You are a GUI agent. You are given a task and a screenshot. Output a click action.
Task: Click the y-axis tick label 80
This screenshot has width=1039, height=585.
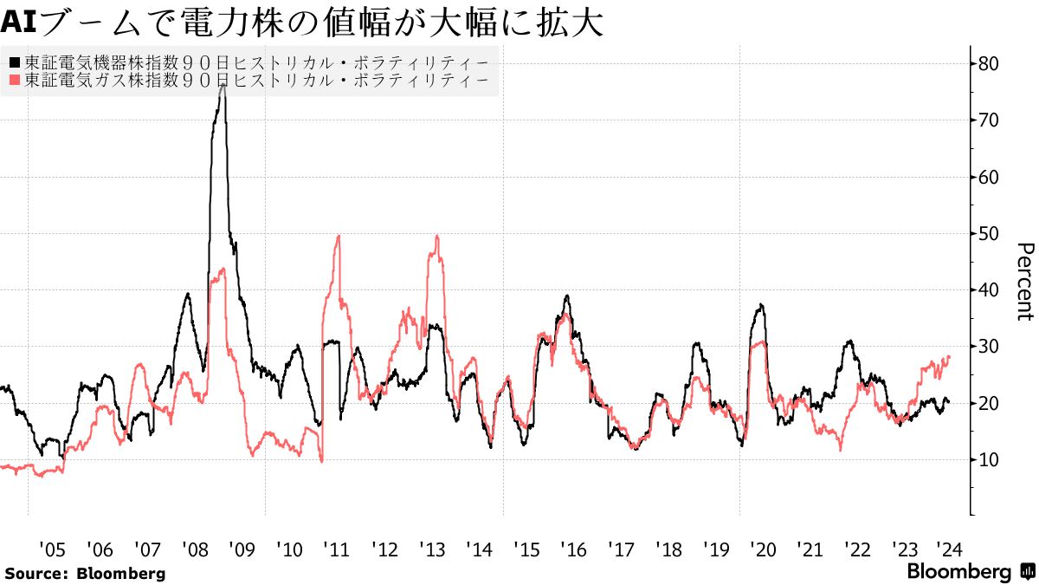point(989,64)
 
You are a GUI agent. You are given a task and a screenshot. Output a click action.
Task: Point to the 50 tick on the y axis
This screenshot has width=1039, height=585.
point(989,234)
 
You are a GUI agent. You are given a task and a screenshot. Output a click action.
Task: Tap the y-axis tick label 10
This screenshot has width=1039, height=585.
point(989,460)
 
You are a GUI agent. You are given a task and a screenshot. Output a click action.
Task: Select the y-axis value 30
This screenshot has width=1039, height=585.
point(989,347)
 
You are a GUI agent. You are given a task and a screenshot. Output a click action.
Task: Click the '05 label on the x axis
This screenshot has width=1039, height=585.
point(52,549)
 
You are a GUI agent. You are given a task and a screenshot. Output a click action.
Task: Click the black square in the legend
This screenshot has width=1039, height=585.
point(14,62)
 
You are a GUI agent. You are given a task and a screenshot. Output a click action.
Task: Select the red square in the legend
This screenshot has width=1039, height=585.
point(14,81)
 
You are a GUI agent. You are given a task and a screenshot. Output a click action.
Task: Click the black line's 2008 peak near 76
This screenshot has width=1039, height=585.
point(223,86)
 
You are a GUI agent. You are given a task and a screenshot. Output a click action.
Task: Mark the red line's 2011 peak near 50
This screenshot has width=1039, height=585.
point(338,236)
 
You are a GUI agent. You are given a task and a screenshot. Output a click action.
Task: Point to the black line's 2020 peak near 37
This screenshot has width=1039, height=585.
point(760,305)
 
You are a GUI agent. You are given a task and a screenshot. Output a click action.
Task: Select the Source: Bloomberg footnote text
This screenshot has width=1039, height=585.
point(84,573)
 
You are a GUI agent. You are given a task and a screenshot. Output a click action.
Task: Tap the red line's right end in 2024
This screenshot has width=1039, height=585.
point(950,356)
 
